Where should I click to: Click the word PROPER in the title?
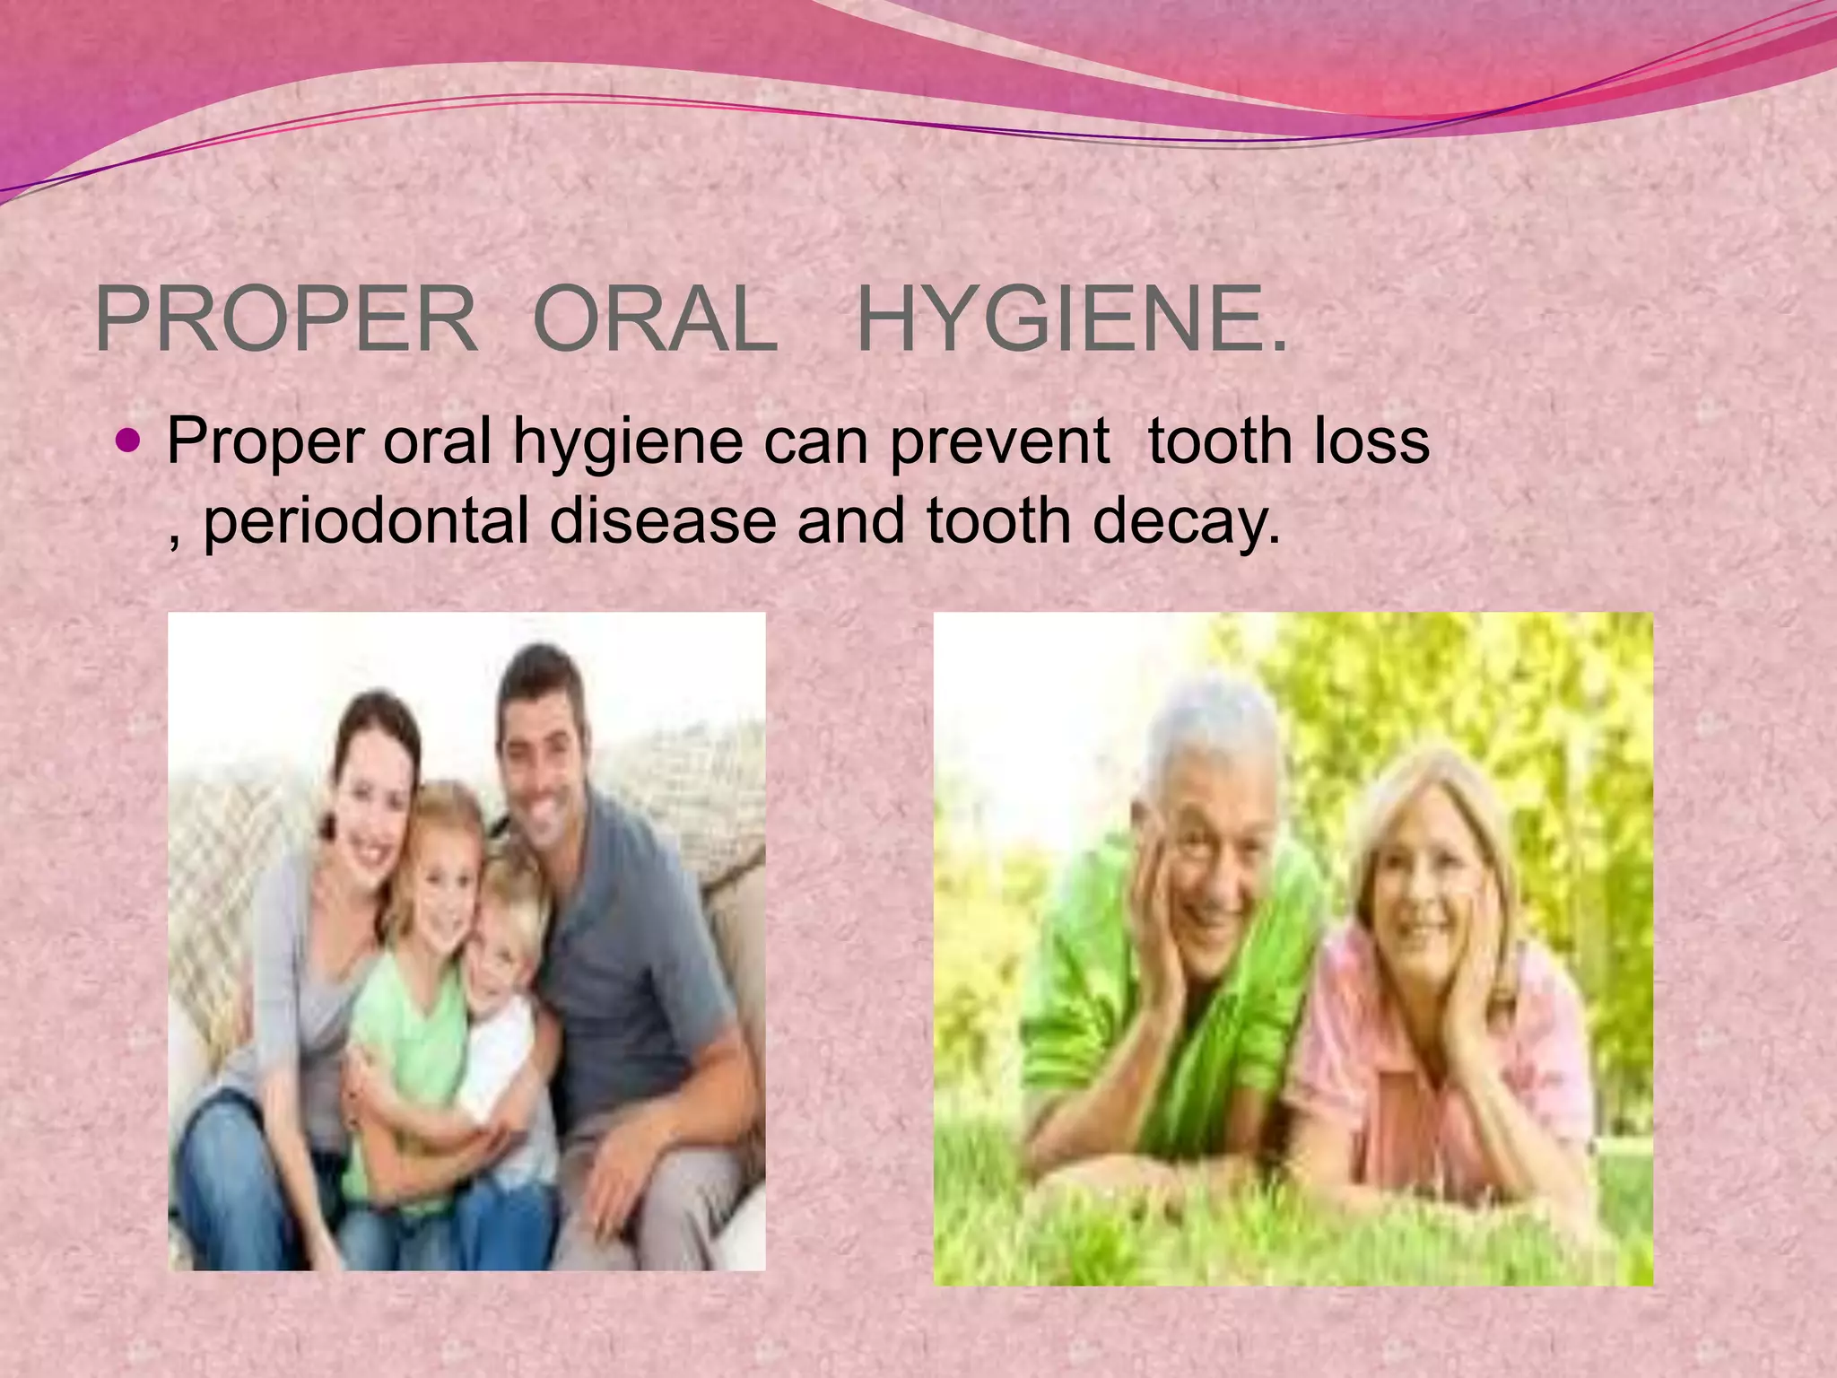(x=285, y=319)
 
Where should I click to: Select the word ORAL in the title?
(x=655, y=319)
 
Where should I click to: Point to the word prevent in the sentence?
(x=999, y=441)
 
